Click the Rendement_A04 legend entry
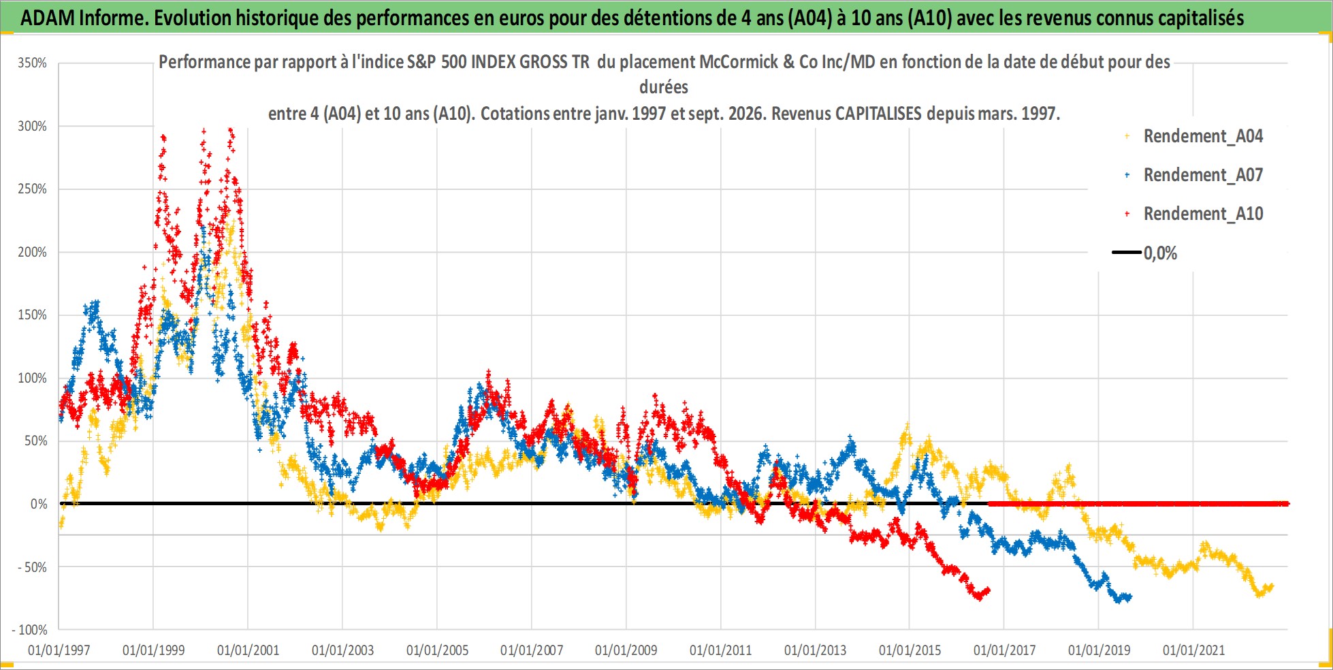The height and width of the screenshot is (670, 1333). coord(1194,136)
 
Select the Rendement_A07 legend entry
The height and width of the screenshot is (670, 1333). coord(1194,175)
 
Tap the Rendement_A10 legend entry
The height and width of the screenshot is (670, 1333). coord(1194,214)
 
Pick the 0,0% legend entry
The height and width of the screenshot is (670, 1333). coord(1145,253)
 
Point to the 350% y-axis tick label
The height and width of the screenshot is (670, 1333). coord(33,63)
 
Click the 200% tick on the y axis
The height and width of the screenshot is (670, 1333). coord(33,252)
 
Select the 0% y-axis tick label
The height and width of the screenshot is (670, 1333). coord(39,504)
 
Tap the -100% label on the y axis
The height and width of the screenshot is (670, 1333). coord(29,630)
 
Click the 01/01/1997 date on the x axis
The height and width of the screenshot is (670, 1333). coord(59,650)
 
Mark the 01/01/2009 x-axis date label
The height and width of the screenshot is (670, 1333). coord(626,650)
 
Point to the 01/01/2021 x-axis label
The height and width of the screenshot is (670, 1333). coord(1193,650)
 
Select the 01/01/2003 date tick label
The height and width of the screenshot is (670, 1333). coord(342,650)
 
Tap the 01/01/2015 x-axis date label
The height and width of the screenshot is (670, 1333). coord(910,650)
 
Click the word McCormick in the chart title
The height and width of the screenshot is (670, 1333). coord(738,62)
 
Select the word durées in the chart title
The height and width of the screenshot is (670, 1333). coord(664,87)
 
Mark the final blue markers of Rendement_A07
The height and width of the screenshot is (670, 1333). coord(1127,597)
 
